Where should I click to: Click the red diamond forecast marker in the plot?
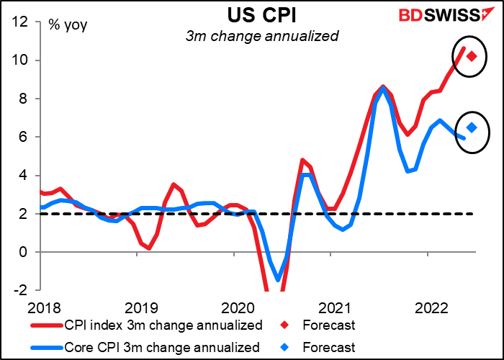(472, 56)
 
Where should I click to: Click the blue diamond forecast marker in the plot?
(472, 127)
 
